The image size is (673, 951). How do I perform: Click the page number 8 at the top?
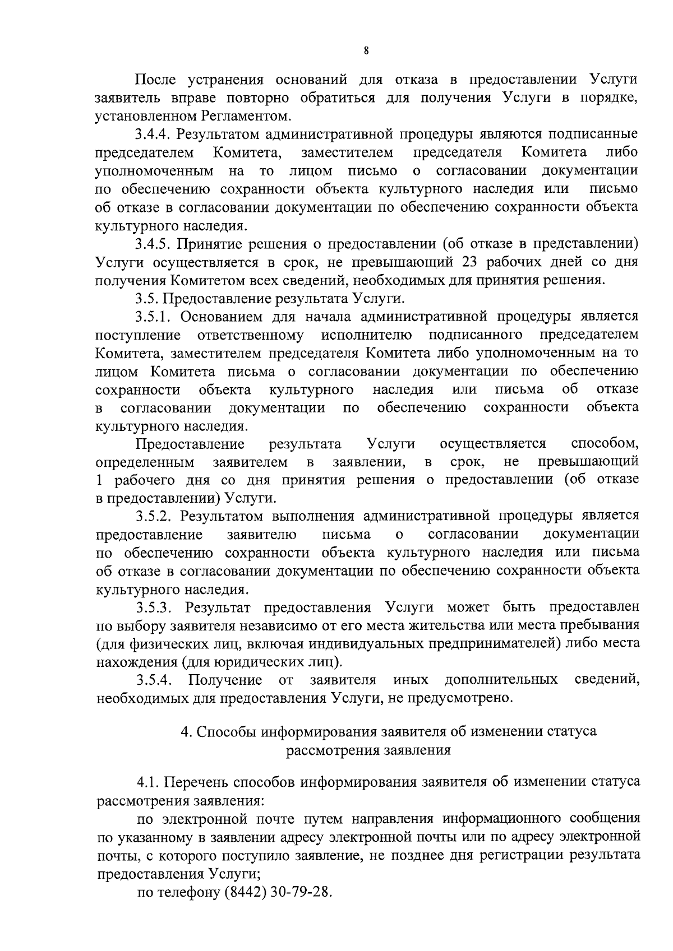pos(366,51)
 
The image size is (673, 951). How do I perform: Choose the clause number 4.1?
pos(148,782)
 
